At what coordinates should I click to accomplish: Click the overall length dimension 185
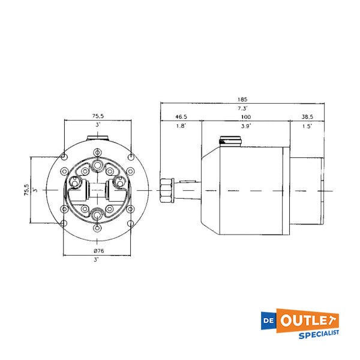(x=242, y=99)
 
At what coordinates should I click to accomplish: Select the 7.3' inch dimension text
(x=242, y=109)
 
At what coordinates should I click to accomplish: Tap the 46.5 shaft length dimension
(x=181, y=116)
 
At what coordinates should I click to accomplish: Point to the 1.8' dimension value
(x=181, y=127)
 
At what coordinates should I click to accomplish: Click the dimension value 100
(x=246, y=116)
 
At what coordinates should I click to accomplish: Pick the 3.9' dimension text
(x=246, y=127)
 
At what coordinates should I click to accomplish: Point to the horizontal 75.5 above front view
(x=99, y=116)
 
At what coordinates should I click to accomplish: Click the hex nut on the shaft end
(x=167, y=191)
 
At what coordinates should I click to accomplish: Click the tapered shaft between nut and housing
(x=187, y=191)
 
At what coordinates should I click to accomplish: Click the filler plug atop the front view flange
(x=98, y=140)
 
